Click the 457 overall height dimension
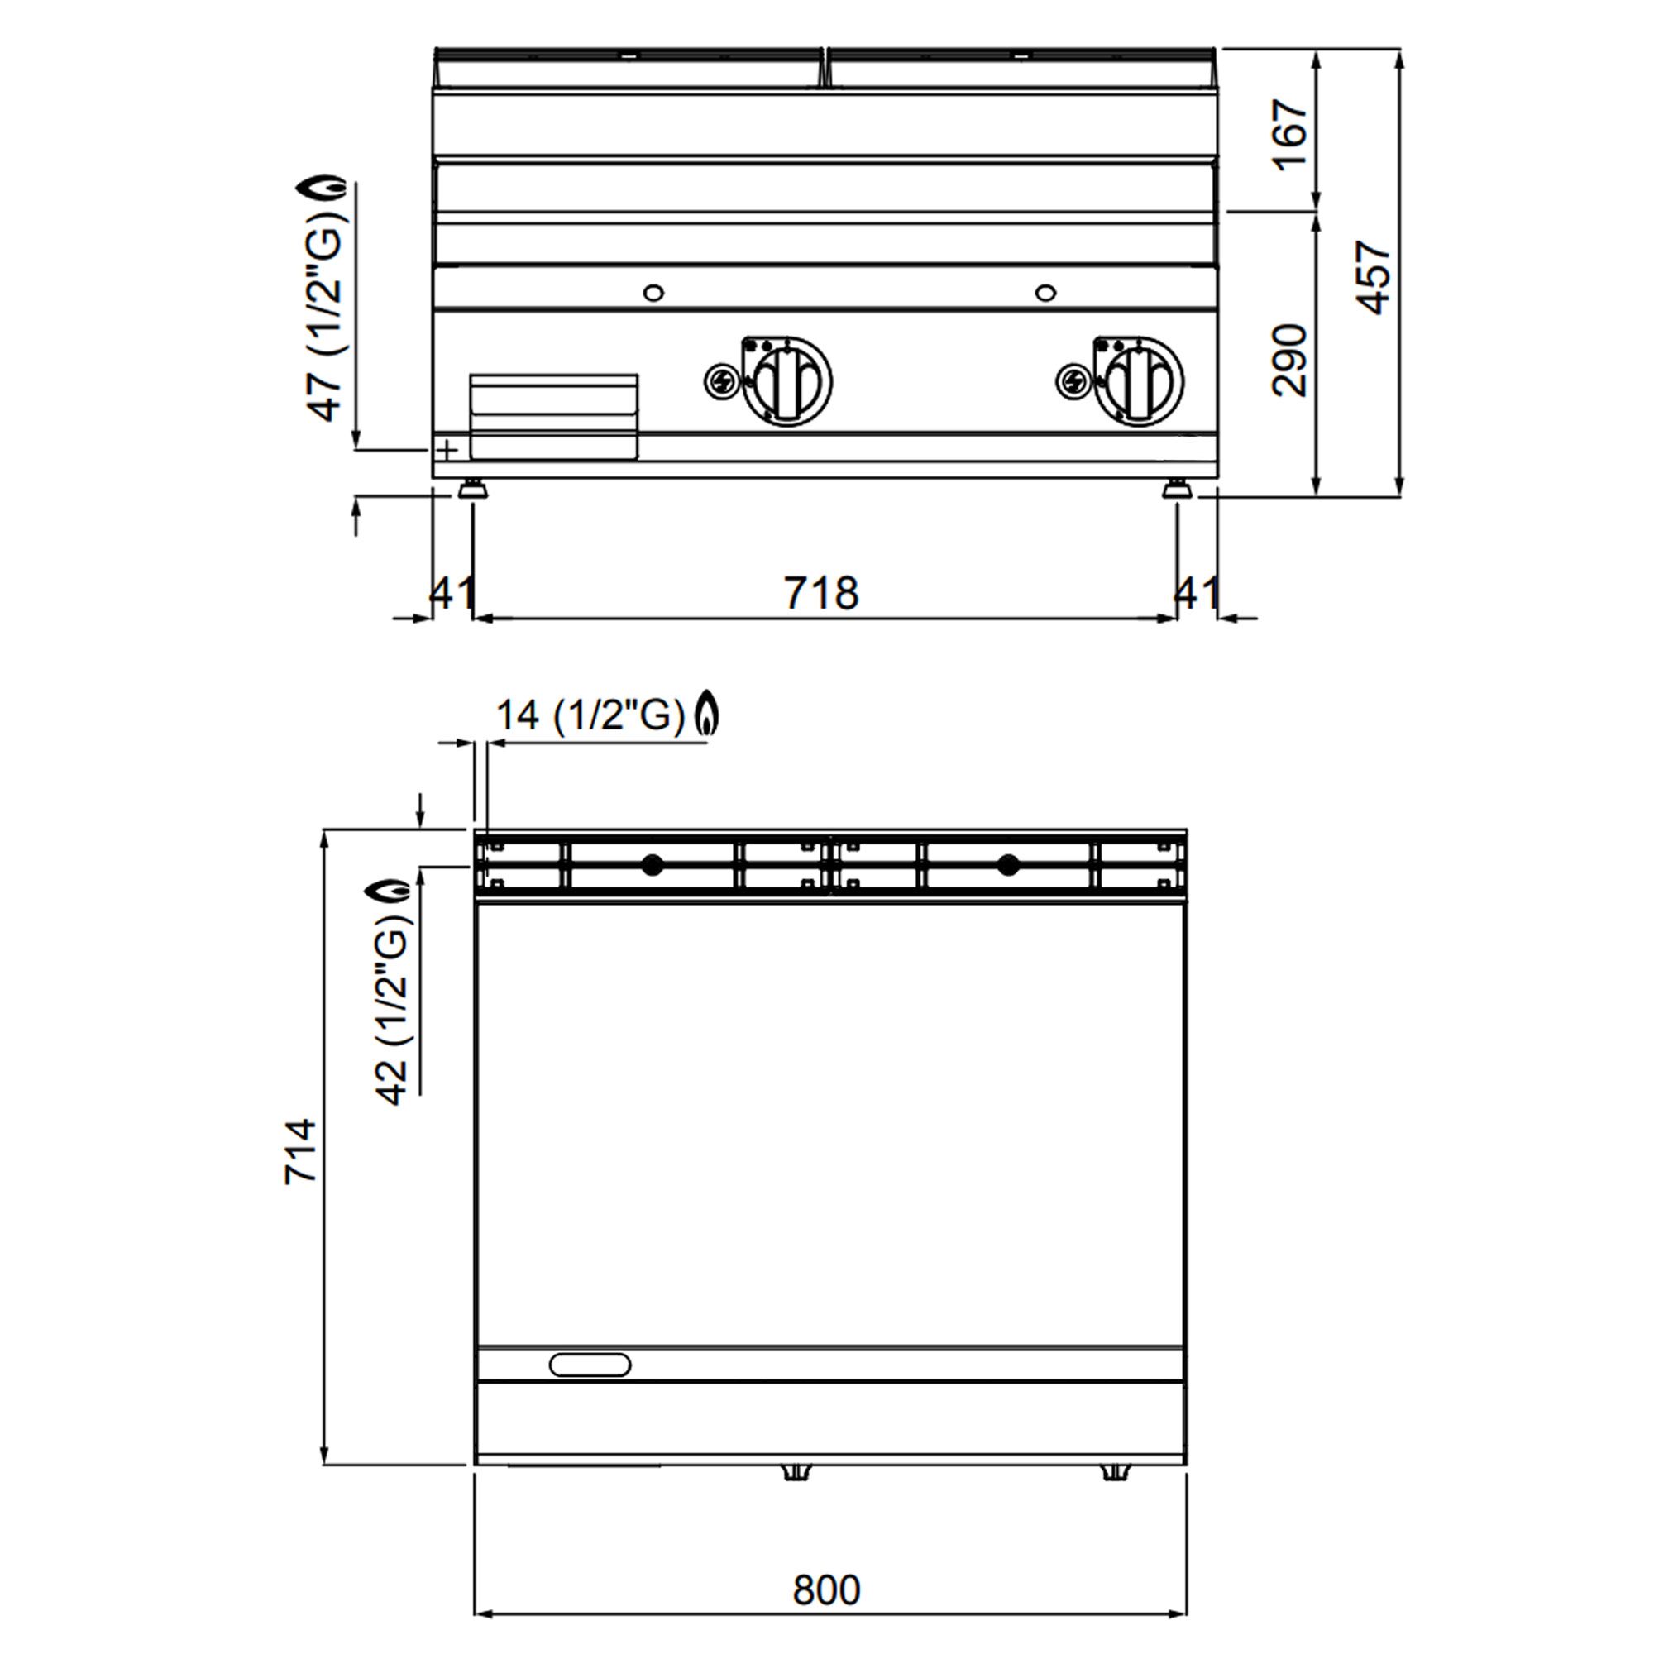pos(1372,277)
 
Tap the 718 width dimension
pos(821,593)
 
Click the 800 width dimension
pos(826,1590)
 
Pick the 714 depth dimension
pos(300,1151)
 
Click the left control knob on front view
pos(786,381)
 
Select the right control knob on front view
pos(1139,381)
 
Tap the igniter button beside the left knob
pos(720,381)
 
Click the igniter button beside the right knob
pos(1072,381)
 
